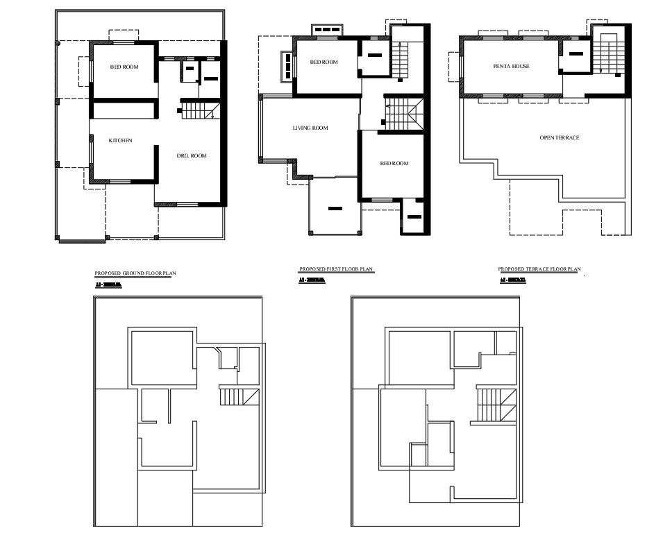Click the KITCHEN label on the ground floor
coord(120,141)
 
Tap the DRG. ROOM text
coord(192,156)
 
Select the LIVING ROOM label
coord(310,128)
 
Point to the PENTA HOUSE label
coord(511,67)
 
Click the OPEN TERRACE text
coord(559,138)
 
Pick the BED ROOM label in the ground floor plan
coord(124,67)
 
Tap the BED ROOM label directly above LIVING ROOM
coord(324,62)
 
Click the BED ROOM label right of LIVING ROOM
coord(394,164)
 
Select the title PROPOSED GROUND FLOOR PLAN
coord(135,273)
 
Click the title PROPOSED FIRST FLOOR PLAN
coord(336,269)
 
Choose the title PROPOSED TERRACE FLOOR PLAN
coord(539,269)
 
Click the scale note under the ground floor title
coord(108,285)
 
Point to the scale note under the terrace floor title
coord(512,280)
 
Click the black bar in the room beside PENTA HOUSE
coord(575,54)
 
